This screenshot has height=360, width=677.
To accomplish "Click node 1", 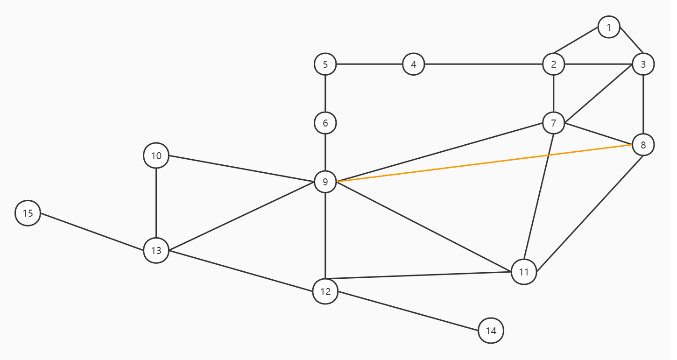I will coord(608,27).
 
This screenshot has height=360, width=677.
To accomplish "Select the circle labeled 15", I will coord(28,213).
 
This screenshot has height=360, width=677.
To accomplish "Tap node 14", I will coord(491,331).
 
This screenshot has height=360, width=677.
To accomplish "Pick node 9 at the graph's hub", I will coord(325,182).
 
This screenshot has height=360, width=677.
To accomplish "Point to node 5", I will coord(325,64).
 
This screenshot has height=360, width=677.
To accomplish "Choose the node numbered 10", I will coord(156,155).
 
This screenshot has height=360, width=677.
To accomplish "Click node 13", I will coord(156,250).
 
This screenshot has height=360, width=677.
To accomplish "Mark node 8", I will coord(643,145).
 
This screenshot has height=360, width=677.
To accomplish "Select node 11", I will coord(524,272).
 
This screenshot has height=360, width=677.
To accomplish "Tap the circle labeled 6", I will coord(325,123).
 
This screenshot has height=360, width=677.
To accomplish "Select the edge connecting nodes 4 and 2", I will coord(483,64).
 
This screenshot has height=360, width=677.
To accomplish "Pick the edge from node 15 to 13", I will coord(92,232).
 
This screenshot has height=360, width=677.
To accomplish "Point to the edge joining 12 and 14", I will coord(408,311).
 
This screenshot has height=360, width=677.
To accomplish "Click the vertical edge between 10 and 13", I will coord(156,203).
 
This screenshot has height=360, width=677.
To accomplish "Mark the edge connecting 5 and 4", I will coord(369,64).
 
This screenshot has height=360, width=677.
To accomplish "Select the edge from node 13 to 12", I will coord(240,271).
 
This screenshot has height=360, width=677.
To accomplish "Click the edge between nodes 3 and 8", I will coord(643,105).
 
